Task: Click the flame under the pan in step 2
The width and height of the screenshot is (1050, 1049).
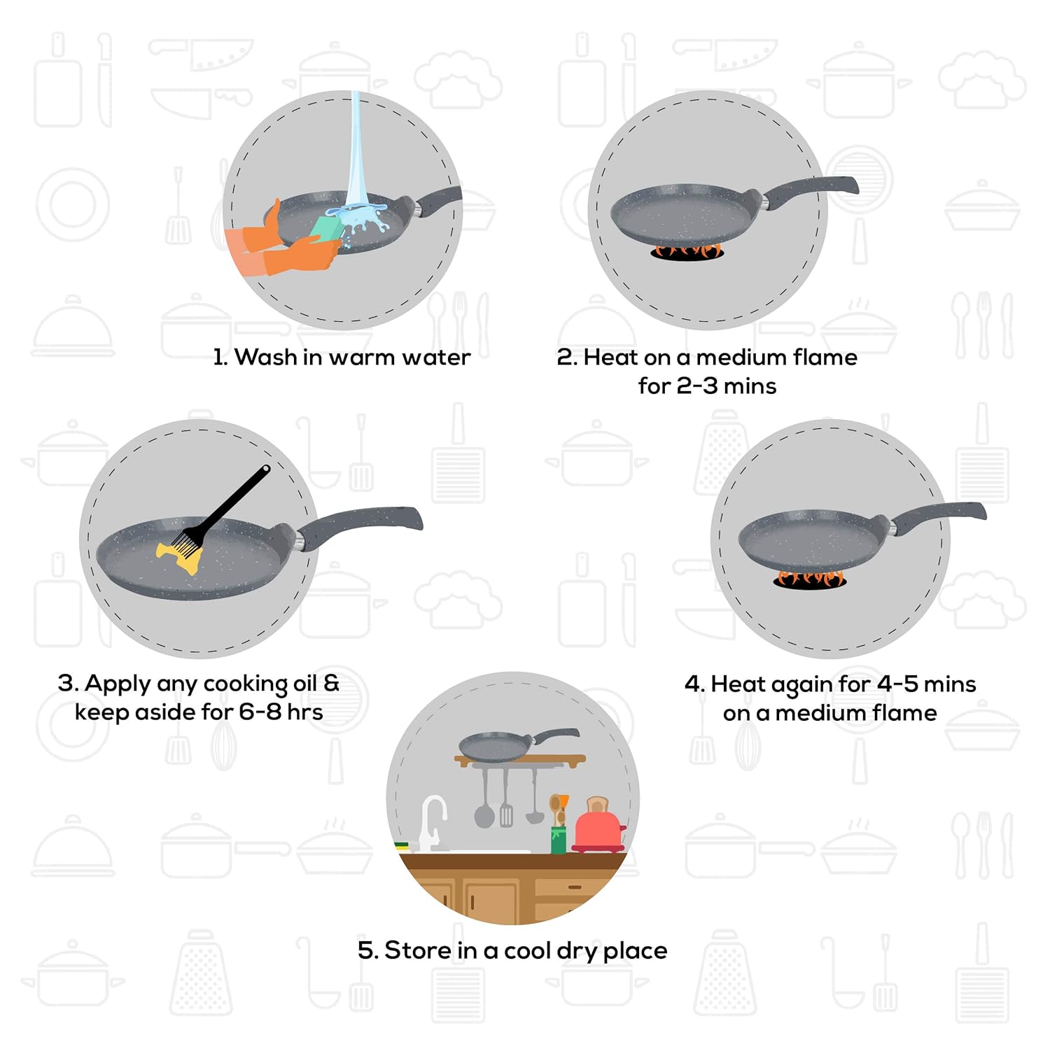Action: (x=687, y=251)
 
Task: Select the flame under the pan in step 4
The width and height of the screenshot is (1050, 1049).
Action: (x=809, y=578)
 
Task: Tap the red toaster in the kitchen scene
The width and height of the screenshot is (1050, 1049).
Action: (x=598, y=829)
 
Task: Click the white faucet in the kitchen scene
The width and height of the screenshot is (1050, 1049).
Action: (x=432, y=819)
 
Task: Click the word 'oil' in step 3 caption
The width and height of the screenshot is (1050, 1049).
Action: (x=304, y=683)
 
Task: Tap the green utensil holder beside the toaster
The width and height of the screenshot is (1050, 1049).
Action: (x=558, y=838)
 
